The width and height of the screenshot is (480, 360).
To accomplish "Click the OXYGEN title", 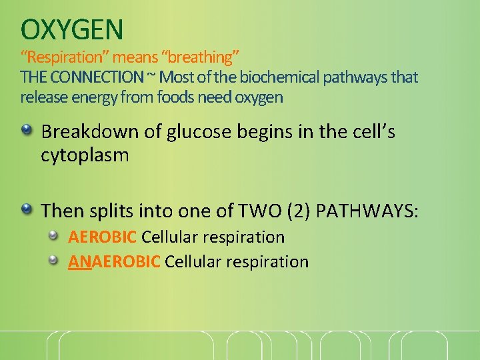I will point(72,29).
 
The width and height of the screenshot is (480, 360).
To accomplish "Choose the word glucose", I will point(193,132).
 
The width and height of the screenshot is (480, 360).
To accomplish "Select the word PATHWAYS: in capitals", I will point(367,211).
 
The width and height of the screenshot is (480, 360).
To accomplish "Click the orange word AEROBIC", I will point(103,237).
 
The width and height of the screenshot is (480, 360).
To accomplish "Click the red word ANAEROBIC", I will point(114,261).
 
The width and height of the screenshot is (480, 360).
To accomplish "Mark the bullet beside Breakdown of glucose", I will point(26,130).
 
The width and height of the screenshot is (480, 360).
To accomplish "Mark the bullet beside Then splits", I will point(26,209).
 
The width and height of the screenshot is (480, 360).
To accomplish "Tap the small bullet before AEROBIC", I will point(58,235).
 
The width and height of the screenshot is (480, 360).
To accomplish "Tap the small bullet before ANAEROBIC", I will point(58,259).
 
